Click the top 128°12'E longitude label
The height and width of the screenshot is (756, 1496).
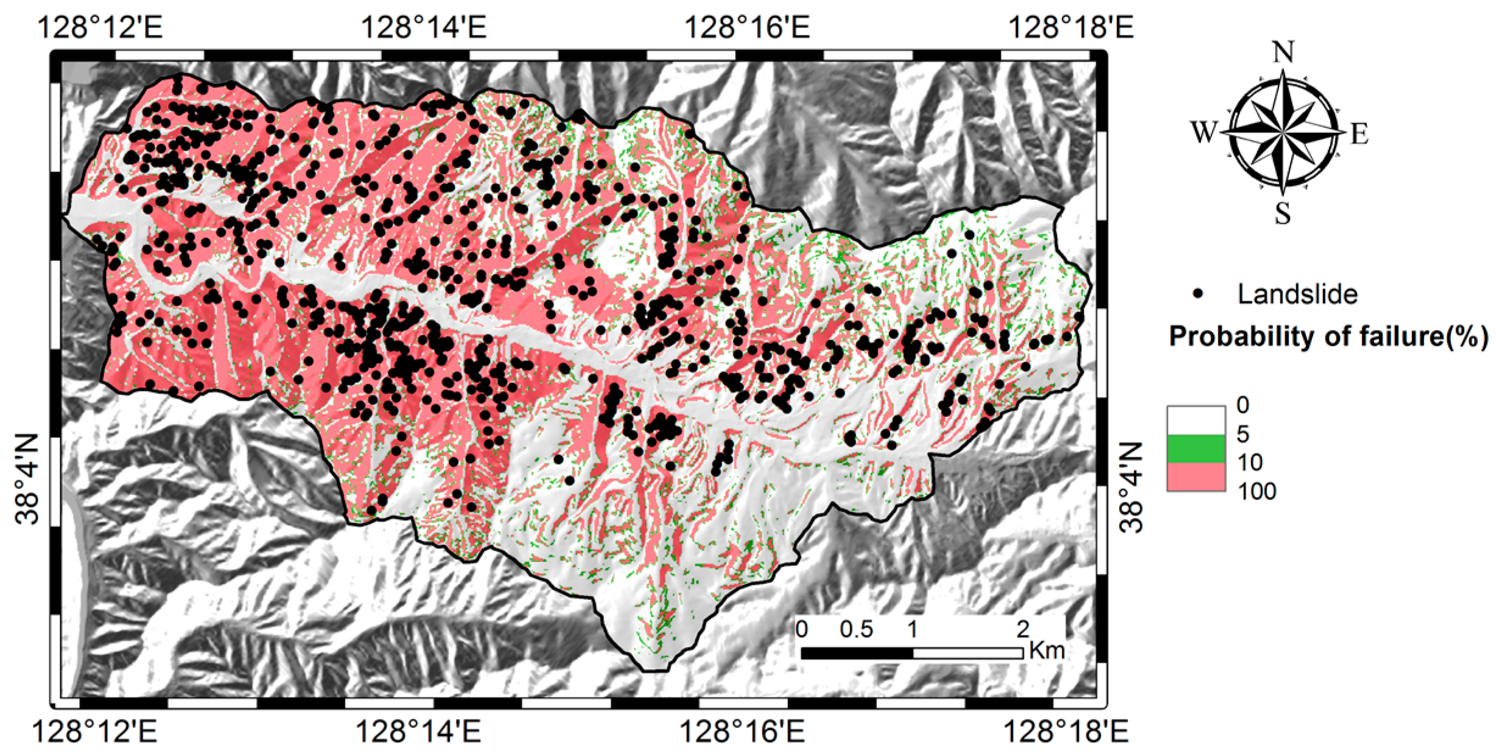tap(101, 27)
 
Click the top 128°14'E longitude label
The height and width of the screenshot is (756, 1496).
tap(424, 27)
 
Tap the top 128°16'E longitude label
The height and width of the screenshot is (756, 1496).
tap(748, 27)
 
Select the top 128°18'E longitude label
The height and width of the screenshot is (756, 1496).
tap(1071, 27)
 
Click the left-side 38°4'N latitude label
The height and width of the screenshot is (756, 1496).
tap(27, 479)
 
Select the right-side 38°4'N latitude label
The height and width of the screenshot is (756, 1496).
tap(1132, 488)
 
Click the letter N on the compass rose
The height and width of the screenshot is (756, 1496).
tap(1283, 54)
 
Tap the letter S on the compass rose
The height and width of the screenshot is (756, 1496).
tap(1283, 214)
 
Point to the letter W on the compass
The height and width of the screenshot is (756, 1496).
tap(1204, 132)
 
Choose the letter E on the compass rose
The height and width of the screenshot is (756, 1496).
tap(1360, 134)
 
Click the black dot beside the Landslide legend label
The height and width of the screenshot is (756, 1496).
tap(1199, 294)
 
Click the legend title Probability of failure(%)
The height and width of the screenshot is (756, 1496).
tap(1328, 337)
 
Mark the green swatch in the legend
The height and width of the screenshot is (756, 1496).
tap(1196, 449)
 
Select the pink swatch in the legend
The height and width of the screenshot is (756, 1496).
tap(1196, 477)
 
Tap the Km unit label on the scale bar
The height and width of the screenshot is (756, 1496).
tap(1047, 651)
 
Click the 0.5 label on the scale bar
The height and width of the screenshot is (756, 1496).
tap(856, 629)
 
